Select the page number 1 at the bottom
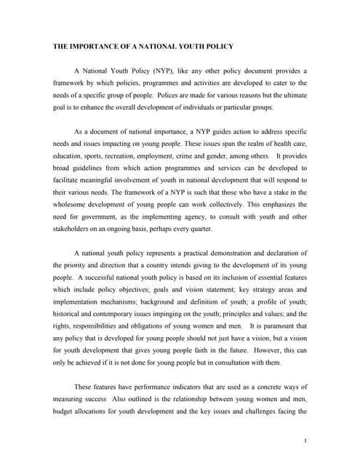pyautogui.click(x=308, y=440)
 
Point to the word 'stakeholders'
pyautogui.click(x=73, y=227)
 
